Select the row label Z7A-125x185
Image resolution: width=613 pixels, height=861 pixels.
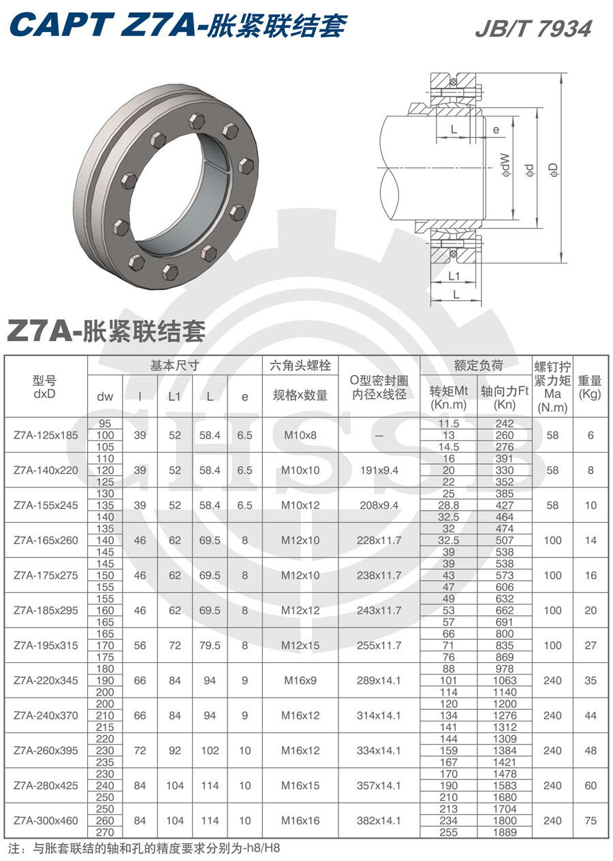pyautogui.click(x=46, y=435)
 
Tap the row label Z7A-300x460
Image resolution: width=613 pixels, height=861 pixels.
pyautogui.click(x=46, y=821)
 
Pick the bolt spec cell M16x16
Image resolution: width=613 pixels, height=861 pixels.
pyautogui.click(x=300, y=821)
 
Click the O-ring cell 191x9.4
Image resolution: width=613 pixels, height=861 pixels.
pyautogui.click(x=379, y=470)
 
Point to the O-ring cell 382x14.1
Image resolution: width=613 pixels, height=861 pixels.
pyautogui.click(x=379, y=821)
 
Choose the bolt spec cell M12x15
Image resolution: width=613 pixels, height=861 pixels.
pyautogui.click(x=300, y=645)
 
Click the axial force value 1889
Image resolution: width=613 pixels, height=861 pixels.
pyautogui.click(x=505, y=832)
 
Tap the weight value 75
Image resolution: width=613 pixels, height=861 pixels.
pyautogui.click(x=590, y=821)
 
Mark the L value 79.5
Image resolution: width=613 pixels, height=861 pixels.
pyautogui.click(x=210, y=645)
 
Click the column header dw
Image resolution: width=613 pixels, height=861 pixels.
pyautogui.click(x=105, y=396)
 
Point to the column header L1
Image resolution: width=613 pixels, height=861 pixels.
pyautogui.click(x=175, y=396)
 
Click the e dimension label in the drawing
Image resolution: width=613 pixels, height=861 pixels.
pyautogui.click(x=496, y=129)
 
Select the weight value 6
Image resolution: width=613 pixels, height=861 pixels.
pyautogui.click(x=590, y=435)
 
